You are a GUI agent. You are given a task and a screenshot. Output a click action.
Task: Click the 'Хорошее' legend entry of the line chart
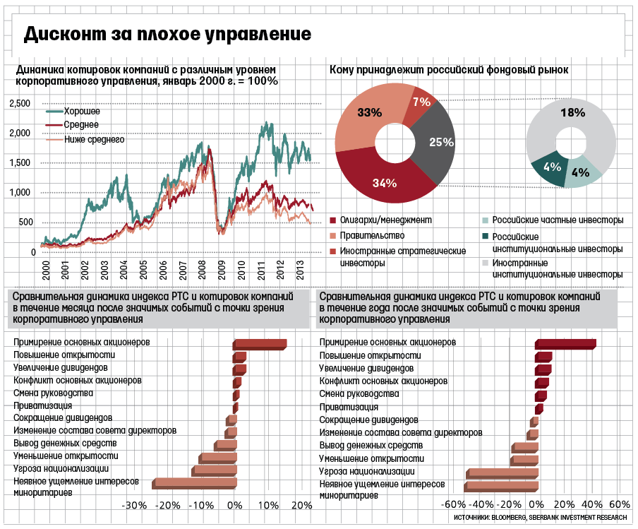[x=82, y=112]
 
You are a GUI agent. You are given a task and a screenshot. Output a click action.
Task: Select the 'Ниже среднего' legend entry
[x=94, y=140]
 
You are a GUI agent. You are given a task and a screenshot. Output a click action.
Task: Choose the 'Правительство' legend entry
[x=368, y=235]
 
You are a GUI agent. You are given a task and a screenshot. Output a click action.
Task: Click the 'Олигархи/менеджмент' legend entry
[x=385, y=220]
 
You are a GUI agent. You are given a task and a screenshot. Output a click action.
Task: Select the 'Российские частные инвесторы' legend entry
[x=558, y=220]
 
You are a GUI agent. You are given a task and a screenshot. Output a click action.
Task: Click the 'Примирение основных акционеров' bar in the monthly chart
[x=260, y=344]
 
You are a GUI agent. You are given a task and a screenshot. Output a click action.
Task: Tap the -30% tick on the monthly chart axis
[x=133, y=506]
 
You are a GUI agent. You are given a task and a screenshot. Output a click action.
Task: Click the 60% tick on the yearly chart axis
[x=618, y=506]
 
